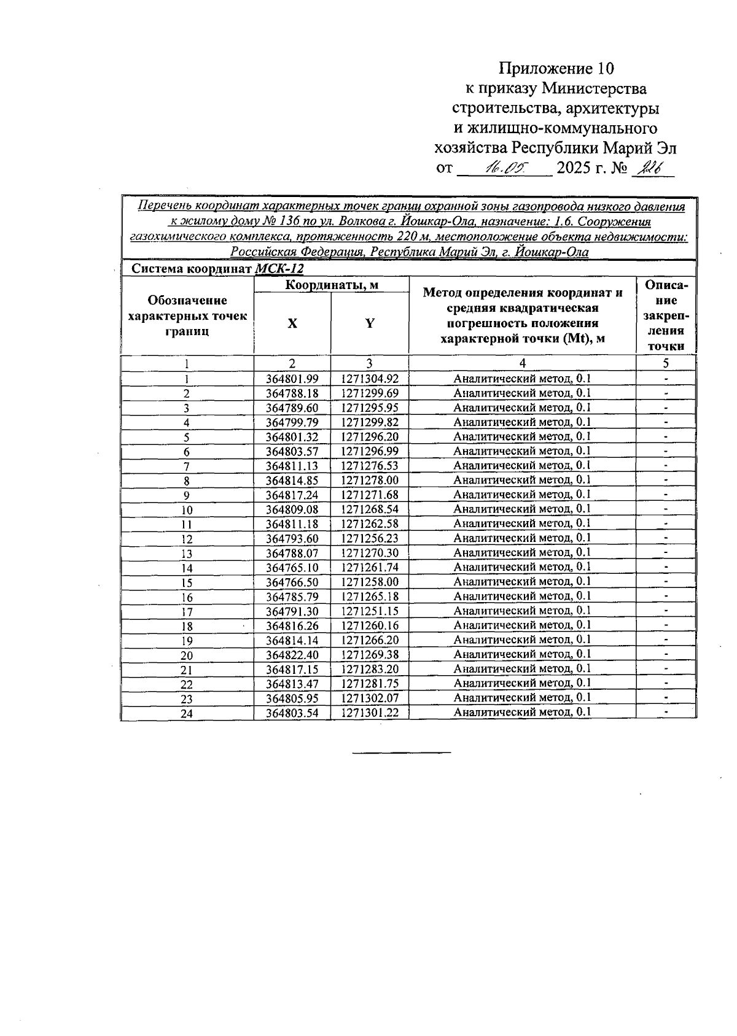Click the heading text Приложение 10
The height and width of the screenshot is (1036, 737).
556,68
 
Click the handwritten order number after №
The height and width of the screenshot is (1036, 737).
648,168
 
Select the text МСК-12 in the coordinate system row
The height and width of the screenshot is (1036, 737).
279,269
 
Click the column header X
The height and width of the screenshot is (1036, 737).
292,323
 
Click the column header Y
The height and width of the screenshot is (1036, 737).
370,323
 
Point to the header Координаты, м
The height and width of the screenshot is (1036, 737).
331,285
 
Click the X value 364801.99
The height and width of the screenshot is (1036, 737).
292,379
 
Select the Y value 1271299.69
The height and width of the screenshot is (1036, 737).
370,393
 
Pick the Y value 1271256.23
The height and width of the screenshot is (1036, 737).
370,539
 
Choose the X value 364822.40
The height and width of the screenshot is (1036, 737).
292,655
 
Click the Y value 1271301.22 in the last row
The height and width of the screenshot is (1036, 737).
370,713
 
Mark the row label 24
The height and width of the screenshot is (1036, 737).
187,714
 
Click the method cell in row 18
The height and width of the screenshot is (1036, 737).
522,625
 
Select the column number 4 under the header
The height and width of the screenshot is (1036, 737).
522,363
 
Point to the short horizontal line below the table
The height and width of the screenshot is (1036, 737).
402,752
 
